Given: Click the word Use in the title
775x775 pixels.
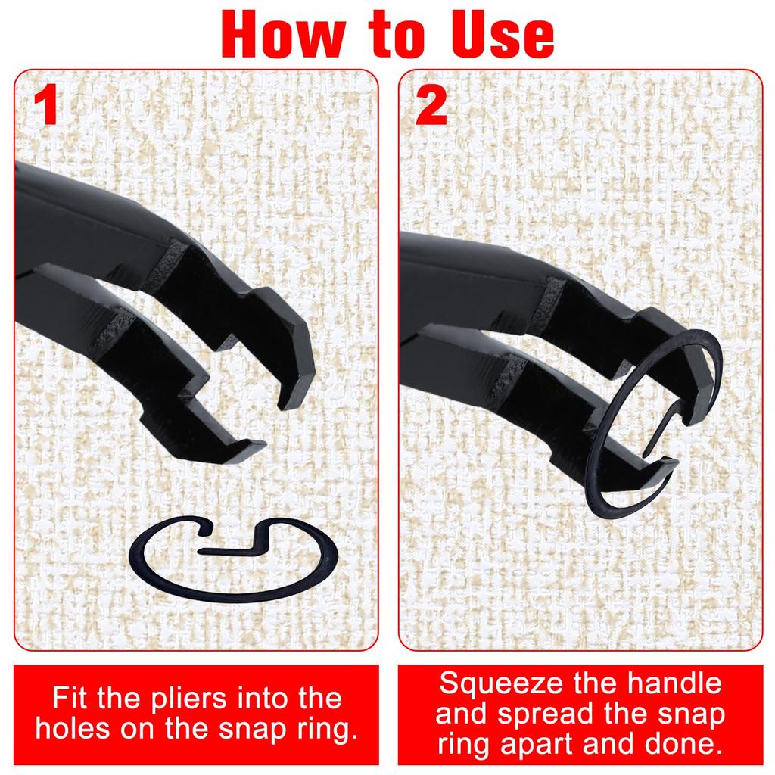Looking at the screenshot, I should click(x=496, y=34).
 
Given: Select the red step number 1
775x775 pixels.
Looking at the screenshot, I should click(x=47, y=105).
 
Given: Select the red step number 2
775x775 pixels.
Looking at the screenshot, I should click(x=431, y=105).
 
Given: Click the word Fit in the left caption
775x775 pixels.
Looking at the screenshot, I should click(x=73, y=698).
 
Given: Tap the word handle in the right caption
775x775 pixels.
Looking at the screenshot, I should click(x=673, y=683).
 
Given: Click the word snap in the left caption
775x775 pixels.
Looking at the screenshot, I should click(x=251, y=730).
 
